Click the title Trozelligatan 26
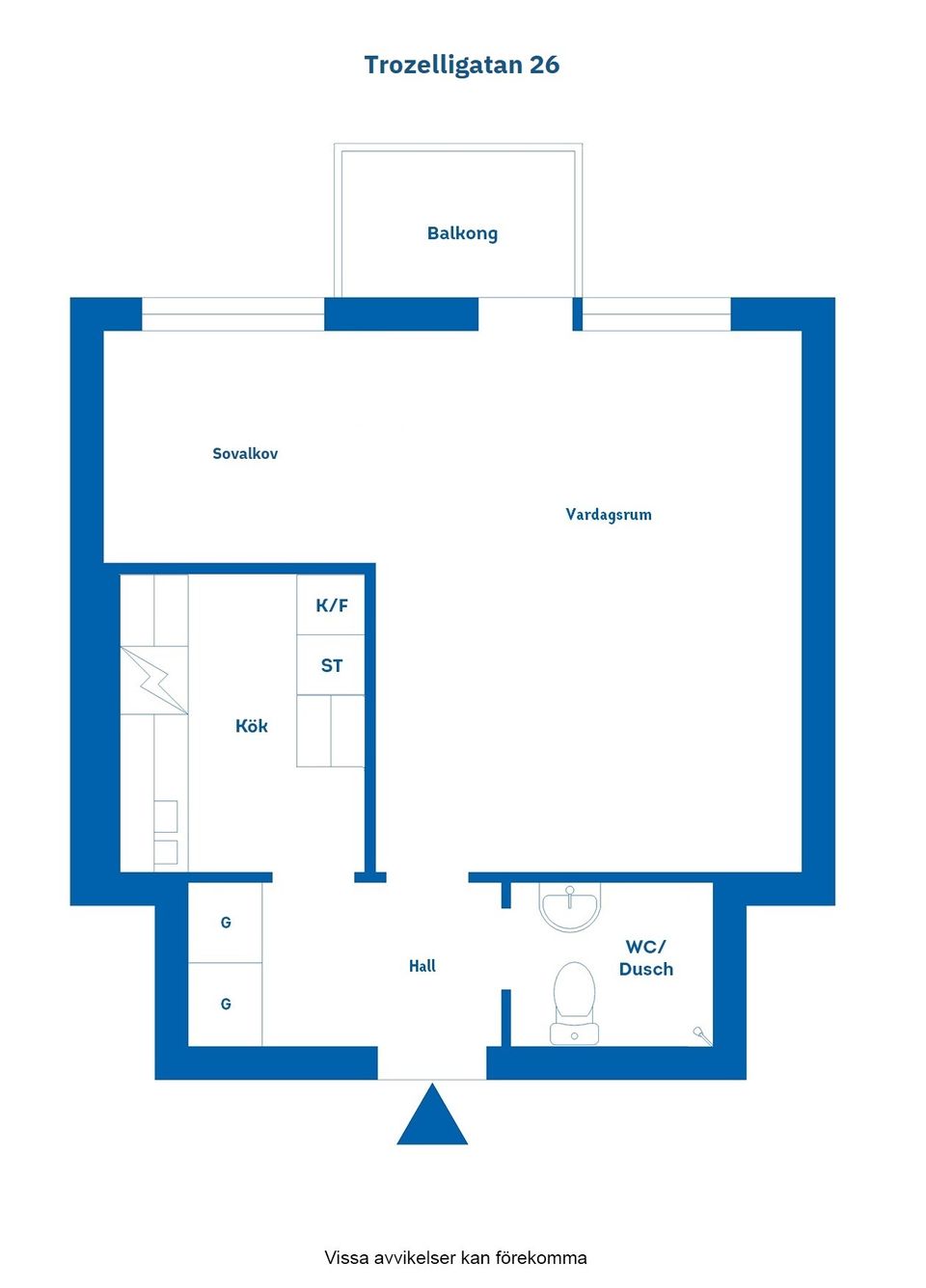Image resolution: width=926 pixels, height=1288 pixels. click(x=462, y=65)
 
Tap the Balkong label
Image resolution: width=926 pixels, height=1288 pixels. click(x=462, y=233)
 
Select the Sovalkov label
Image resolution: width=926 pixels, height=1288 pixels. click(x=245, y=454)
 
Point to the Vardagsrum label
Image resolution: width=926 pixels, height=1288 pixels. click(x=609, y=515)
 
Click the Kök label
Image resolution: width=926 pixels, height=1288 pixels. click(x=252, y=726)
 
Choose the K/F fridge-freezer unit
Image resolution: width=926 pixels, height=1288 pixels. click(x=331, y=605)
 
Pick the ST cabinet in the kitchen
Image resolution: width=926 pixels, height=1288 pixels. click(x=331, y=665)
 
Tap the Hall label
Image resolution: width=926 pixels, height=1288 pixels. click(x=422, y=966)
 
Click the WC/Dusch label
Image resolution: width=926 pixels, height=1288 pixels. click(x=646, y=958)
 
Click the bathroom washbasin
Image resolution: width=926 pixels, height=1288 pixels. click(x=570, y=906)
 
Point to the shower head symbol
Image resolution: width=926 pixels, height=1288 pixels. click(x=702, y=1035)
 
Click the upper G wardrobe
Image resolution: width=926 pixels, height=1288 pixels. click(x=226, y=923)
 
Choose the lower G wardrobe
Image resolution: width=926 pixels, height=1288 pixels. click(x=226, y=1005)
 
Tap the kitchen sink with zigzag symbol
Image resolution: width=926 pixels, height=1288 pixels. click(x=154, y=680)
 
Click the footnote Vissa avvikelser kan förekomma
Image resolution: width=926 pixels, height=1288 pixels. click(x=455, y=1257)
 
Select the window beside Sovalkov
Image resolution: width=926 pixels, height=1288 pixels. click(x=232, y=314)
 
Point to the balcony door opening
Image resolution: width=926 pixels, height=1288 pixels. click(x=526, y=314)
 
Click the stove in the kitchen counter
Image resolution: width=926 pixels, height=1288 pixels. click(x=166, y=832)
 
